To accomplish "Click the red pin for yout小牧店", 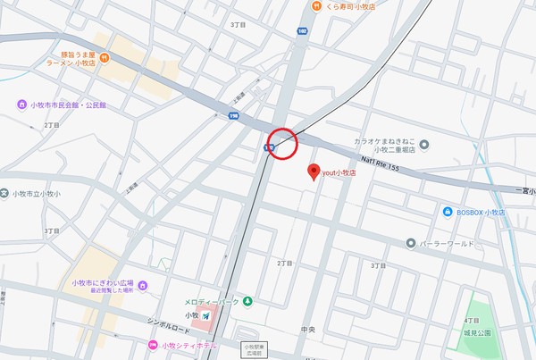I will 313,171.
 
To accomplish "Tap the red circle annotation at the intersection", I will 282,143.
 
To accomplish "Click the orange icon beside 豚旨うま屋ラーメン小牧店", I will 105,58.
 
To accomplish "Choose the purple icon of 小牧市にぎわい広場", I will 142,285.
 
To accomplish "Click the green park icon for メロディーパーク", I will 247,301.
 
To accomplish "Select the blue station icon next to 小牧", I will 206,316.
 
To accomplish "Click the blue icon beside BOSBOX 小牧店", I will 448,212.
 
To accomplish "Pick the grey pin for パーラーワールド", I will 410,242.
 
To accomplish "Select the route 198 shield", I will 234,114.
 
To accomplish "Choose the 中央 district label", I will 307,330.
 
